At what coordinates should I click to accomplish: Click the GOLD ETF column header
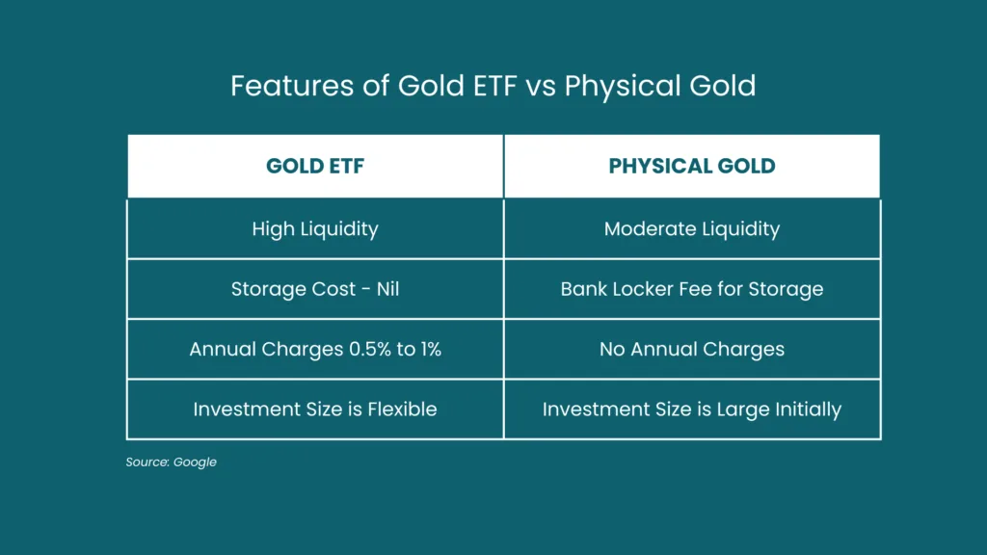315,166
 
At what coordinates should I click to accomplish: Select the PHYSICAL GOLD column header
692,166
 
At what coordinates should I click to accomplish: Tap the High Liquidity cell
315,229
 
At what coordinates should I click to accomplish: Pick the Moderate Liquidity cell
692,229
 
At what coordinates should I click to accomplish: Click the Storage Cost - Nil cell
315,289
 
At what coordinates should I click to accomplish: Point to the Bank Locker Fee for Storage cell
692,289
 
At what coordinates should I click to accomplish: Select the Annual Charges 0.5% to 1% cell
315,349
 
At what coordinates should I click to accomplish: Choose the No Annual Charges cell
692,349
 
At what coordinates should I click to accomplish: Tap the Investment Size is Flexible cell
315,409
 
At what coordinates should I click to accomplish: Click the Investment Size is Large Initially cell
692,409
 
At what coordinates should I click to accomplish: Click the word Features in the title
292,86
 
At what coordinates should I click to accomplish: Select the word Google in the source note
195,462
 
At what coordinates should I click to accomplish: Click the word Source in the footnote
147,462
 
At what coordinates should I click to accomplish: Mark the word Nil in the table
387,289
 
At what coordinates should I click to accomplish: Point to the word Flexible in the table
402,409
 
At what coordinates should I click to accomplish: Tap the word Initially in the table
809,410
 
